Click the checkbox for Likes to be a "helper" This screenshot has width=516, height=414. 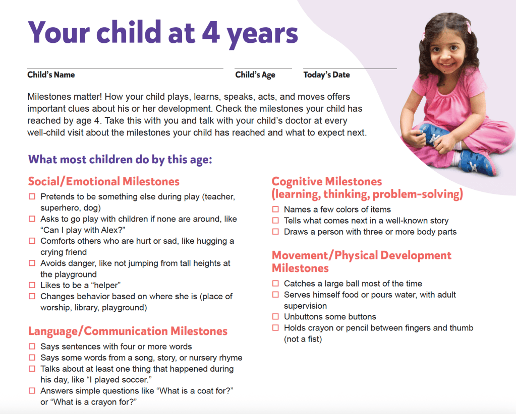[32, 286]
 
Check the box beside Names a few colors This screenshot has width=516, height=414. [275, 210]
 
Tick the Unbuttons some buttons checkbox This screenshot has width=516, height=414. [275, 317]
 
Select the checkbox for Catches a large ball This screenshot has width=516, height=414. [275, 284]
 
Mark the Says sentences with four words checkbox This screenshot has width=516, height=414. [32, 347]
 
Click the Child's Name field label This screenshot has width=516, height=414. [51, 75]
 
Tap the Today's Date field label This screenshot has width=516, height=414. [326, 75]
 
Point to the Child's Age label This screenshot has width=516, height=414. [255, 75]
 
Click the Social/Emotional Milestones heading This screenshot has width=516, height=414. [103, 181]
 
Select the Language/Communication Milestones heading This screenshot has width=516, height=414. [128, 331]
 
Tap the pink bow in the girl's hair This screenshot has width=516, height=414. [469, 26]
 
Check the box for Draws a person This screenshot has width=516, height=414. [275, 232]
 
